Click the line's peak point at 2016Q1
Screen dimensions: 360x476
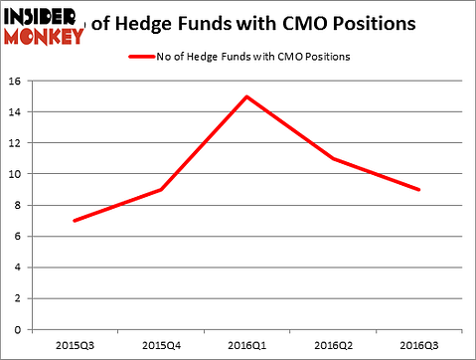click(x=245, y=96)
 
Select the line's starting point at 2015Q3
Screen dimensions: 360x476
click(x=75, y=220)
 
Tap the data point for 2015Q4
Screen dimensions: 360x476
click(x=160, y=189)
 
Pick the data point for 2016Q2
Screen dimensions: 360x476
click(x=331, y=158)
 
